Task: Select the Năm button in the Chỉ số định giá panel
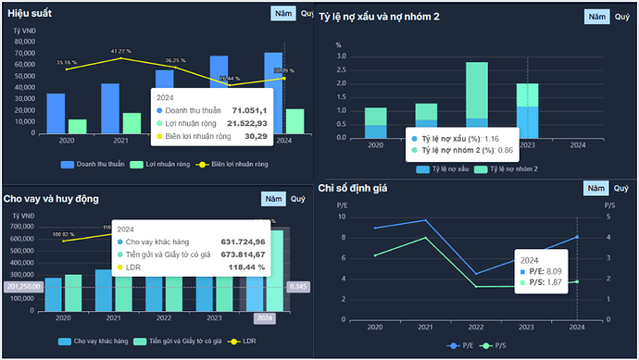596,189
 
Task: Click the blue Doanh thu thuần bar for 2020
56,113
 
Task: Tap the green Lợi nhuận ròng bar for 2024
295,121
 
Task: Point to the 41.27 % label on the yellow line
121,51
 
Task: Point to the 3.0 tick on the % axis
340,56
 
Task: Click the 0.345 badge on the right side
298,287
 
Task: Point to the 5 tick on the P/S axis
610,217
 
